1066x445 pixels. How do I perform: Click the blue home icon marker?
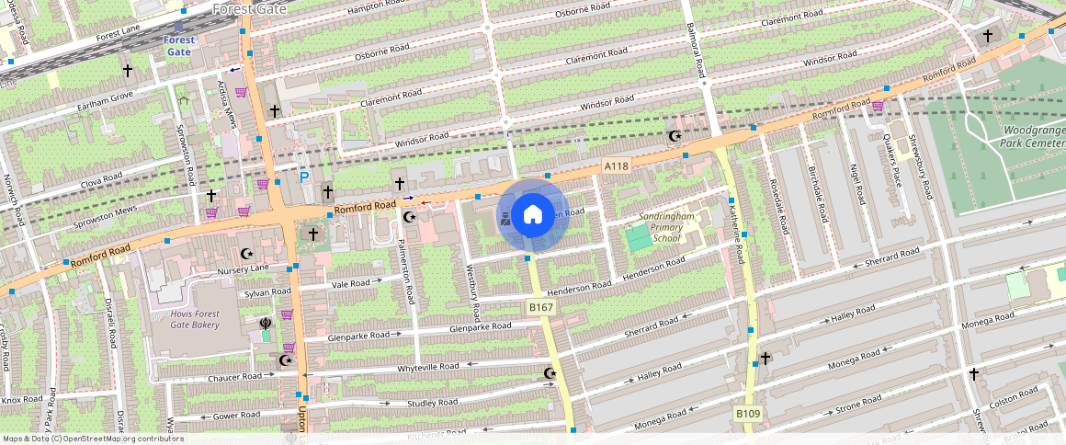tap(532, 215)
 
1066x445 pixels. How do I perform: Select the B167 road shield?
tap(539, 306)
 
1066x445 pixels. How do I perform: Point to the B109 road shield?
tap(748, 415)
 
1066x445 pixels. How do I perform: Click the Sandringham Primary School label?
tap(667, 227)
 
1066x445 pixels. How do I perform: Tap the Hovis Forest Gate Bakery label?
tap(182, 319)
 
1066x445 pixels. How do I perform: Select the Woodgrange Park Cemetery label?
tap(1033, 138)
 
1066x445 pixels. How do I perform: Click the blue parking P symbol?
tap(302, 176)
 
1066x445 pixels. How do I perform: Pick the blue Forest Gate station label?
tap(180, 46)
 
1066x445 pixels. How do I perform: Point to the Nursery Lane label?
tap(243, 269)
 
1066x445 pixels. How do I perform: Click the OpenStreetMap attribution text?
tap(94, 439)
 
